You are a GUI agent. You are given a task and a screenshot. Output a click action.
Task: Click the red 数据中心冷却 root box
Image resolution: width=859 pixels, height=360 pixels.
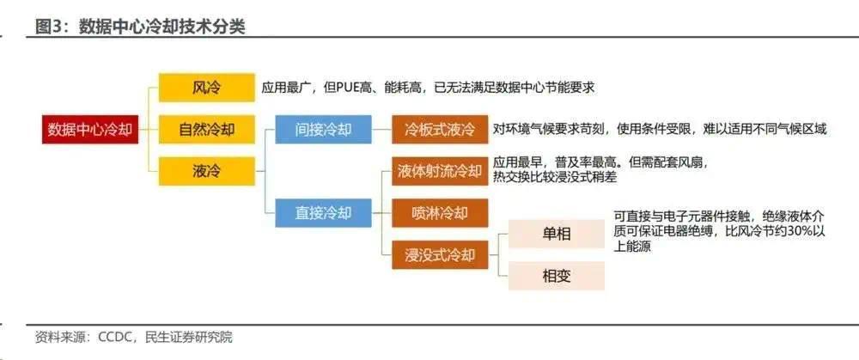point(90,130)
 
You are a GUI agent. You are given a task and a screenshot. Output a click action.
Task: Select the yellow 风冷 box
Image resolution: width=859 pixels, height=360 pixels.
point(206,87)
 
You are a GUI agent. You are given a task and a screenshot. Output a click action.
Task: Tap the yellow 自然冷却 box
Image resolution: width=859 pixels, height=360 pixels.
point(206,130)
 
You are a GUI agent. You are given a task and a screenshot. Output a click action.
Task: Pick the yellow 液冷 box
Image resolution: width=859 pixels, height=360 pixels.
point(206,171)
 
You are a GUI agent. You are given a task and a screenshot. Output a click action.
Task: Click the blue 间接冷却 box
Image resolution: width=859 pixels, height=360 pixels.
point(323,130)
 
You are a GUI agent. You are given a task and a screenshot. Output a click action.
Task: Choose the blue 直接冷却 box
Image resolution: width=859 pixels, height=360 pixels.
point(323,212)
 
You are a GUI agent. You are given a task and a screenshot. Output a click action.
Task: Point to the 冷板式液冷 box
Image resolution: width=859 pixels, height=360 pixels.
point(440,130)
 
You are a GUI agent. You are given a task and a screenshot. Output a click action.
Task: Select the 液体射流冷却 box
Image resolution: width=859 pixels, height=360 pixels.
point(440,171)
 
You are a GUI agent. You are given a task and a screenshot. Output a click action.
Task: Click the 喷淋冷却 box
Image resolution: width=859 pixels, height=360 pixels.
point(440,212)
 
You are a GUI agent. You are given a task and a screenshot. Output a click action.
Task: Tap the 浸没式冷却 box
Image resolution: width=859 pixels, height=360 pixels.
point(440,255)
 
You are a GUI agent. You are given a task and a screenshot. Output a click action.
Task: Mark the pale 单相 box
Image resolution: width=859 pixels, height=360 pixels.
point(557,234)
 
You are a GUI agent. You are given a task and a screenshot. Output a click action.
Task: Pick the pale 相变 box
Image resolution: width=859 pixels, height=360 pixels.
point(557,276)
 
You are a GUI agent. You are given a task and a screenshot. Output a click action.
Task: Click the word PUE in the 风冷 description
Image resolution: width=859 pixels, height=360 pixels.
point(349,87)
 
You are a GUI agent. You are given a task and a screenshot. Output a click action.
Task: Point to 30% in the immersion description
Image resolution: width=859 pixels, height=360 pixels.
point(787,232)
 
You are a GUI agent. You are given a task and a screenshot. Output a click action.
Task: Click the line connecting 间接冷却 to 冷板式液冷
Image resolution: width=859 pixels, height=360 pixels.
point(382,130)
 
